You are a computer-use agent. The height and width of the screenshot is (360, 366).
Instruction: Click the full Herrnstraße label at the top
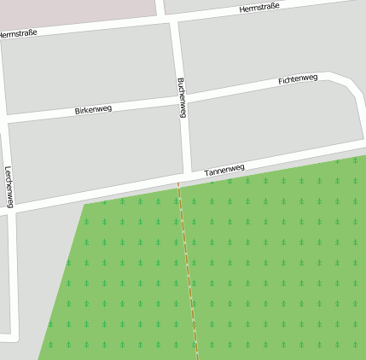coord(260,9)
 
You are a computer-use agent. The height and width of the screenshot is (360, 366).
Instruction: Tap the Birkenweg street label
coord(93,110)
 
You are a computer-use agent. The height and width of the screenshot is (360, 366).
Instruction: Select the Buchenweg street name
coord(182,97)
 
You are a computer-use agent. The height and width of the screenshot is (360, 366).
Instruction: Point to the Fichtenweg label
coord(298,79)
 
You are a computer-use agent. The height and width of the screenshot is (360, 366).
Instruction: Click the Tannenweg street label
coord(224,171)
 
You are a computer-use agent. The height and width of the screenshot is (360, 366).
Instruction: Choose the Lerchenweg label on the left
coord(9,186)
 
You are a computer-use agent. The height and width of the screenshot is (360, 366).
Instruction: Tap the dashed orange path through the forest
coord(189,273)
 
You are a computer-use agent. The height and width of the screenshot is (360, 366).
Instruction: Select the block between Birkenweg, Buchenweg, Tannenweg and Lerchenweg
coord(94,154)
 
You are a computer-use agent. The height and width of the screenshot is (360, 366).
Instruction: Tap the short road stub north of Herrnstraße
coord(160,7)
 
